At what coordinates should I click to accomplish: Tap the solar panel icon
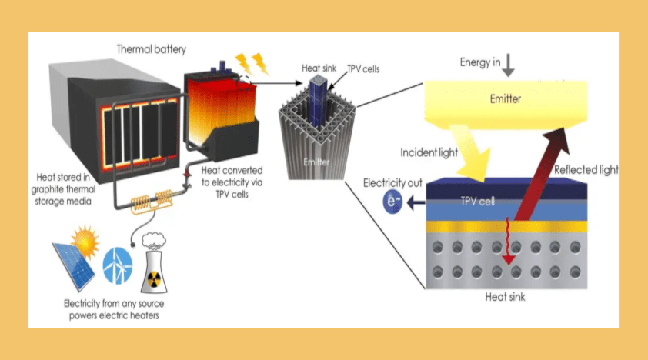coord(73,261)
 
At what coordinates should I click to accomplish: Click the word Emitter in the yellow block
coord(506,99)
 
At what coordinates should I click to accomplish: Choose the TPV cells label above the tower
coord(362,69)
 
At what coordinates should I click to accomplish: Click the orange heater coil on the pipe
coord(152,202)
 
